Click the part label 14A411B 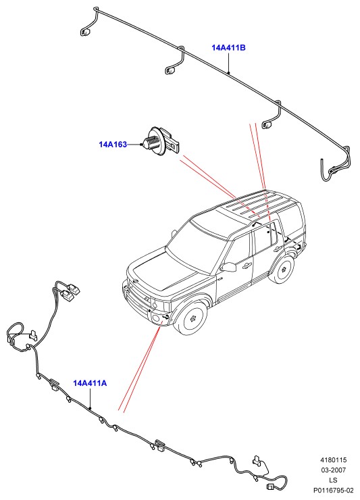pos(228,48)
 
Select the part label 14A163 pos(113,145)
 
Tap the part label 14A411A pos(90,383)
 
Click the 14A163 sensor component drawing pos(161,142)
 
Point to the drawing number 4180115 pos(334,460)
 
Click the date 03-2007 pos(334,470)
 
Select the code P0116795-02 pos(334,490)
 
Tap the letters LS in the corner pos(333,480)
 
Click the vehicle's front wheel pos(192,318)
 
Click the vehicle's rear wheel pos(282,268)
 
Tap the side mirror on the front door pos(228,267)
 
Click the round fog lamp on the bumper pos(157,318)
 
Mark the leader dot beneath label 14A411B pos(228,73)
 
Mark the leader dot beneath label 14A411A pos(91,408)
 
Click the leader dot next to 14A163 pos(140,145)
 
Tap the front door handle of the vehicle pos(246,265)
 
